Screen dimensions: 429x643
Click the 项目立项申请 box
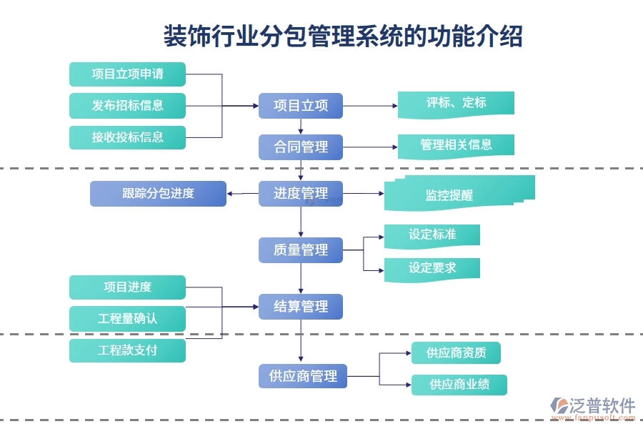click(127, 74)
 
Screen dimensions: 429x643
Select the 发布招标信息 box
click(127, 105)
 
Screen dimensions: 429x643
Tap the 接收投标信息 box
click(127, 137)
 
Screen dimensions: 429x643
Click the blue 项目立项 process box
click(301, 106)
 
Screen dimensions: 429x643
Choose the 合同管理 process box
click(301, 147)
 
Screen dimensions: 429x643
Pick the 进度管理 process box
click(301, 193)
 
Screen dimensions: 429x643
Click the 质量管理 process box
click(301, 250)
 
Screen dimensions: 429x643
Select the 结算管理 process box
click(301, 306)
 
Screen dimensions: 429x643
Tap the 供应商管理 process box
click(303, 375)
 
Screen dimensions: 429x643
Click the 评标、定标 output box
click(456, 103)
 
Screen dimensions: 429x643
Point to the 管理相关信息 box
click(456, 145)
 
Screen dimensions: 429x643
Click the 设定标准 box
click(432, 235)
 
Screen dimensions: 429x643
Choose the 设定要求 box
click(432, 268)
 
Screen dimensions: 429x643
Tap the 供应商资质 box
click(456, 352)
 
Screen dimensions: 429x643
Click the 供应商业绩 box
click(459, 385)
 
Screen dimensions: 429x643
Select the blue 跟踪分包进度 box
click(158, 193)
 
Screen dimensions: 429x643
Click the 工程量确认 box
click(127, 318)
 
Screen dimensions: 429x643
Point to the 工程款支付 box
click(127, 350)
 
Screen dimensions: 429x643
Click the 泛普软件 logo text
click(602, 406)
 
